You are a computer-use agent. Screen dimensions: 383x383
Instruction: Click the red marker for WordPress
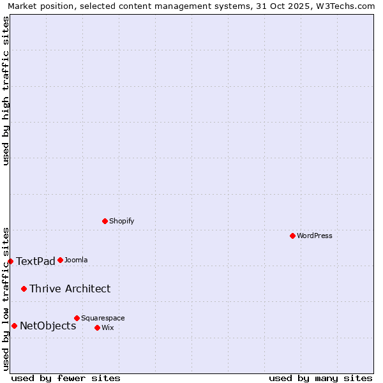point(292,236)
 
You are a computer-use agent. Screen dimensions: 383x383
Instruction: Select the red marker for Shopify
point(105,221)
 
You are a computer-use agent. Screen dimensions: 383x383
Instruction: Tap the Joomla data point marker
point(60,260)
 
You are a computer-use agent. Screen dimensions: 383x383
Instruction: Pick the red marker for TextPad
point(10,261)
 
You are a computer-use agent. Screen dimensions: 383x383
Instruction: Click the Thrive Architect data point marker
point(24,289)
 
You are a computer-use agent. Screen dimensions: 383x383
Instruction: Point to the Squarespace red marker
point(77,318)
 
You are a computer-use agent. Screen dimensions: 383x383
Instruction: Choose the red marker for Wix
point(97,327)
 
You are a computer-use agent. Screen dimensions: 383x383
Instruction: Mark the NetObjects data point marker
point(14,326)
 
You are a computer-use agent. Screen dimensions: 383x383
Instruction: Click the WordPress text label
point(315,236)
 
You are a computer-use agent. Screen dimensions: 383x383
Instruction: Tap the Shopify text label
point(121,221)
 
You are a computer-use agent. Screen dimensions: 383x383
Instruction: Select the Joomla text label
point(76,260)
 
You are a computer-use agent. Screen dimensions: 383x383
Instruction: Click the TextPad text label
point(36,261)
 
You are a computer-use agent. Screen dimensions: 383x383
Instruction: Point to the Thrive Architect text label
point(70,289)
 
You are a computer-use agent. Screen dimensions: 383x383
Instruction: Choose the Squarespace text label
point(103,318)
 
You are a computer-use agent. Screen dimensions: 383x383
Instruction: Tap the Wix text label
point(107,327)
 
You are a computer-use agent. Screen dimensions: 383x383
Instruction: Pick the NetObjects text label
point(48,326)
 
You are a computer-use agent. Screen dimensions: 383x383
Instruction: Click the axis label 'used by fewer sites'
point(66,378)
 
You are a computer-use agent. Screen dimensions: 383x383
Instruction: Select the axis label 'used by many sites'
point(320,378)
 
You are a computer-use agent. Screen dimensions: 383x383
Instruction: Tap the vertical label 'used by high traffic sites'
point(6,91)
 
